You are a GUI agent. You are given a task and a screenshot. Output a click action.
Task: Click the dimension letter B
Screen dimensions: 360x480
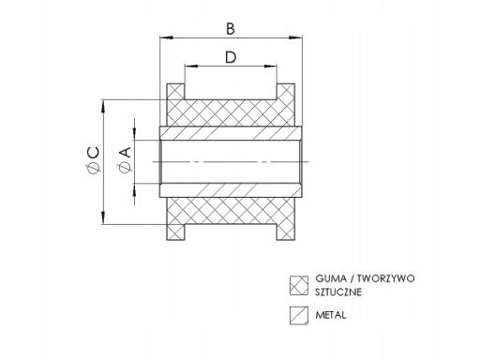coord(231,28)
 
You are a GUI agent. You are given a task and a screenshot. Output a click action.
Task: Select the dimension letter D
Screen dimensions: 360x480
coord(231,58)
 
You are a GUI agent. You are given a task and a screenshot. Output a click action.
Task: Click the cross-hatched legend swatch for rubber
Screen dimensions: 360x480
coord(299,283)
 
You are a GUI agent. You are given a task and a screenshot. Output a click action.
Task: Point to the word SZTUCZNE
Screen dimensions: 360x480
coord(341,292)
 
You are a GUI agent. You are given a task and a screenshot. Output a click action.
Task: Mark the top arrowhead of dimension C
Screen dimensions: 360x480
coord(102,102)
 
